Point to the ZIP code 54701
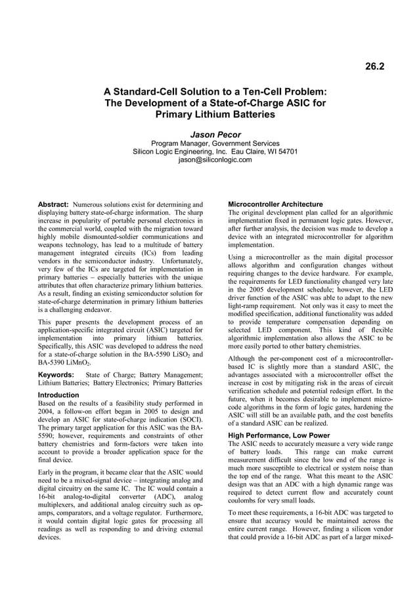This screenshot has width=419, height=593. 286,152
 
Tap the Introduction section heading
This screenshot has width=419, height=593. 58,395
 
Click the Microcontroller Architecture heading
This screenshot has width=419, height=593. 275,204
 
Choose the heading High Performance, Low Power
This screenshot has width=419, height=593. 278,435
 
